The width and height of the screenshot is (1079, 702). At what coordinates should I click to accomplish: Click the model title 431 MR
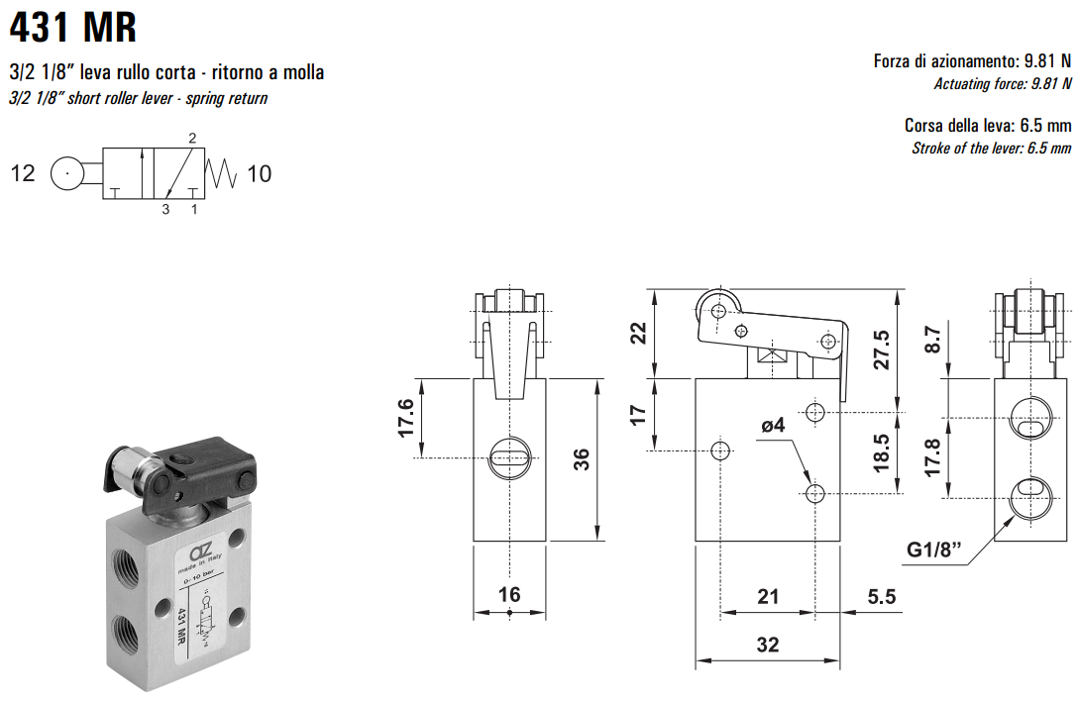73,27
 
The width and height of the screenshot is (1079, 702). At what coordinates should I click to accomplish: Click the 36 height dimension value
582,459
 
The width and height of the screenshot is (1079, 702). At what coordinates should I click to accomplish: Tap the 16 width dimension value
508,594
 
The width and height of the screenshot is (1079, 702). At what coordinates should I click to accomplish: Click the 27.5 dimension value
882,349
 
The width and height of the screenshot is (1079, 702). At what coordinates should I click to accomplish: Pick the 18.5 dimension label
880,453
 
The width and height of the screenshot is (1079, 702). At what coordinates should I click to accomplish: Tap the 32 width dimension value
767,645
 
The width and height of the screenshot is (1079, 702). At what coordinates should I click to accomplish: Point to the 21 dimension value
767,596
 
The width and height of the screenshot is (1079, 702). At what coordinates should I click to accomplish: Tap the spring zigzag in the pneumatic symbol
223,174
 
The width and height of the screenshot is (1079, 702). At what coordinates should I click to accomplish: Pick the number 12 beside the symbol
23,174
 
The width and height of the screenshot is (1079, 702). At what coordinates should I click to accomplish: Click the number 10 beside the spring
259,174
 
